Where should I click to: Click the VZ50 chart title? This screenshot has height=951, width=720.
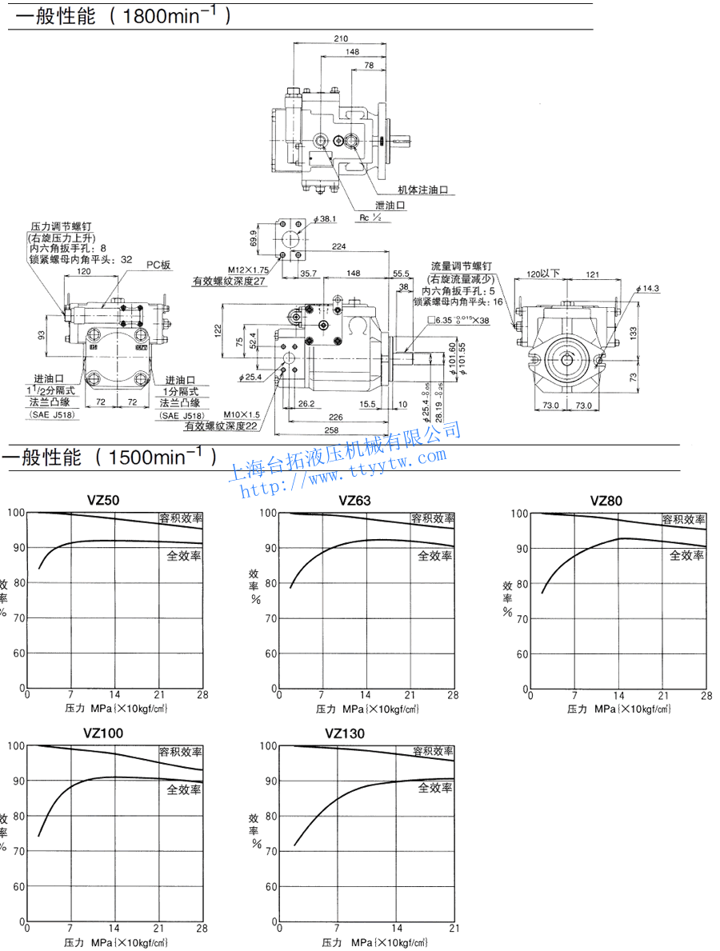(x=103, y=501)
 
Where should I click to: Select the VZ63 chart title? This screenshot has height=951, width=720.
(x=355, y=501)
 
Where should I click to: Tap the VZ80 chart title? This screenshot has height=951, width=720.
(x=606, y=501)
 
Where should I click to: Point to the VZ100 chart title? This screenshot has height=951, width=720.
(x=103, y=733)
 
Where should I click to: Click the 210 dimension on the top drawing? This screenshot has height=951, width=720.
(x=342, y=38)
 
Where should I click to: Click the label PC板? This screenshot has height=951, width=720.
(x=158, y=265)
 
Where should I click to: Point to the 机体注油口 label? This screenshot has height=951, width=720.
(x=422, y=190)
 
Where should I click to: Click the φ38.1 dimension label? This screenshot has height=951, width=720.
(x=327, y=218)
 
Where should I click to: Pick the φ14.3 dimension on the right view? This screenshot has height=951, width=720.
(x=648, y=288)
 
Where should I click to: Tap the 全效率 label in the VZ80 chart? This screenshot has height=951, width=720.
(x=686, y=555)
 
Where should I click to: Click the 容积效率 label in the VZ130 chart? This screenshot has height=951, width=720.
(x=433, y=752)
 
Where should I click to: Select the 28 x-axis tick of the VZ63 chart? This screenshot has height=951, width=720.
(x=454, y=695)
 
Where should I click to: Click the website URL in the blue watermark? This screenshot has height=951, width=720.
(x=344, y=470)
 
